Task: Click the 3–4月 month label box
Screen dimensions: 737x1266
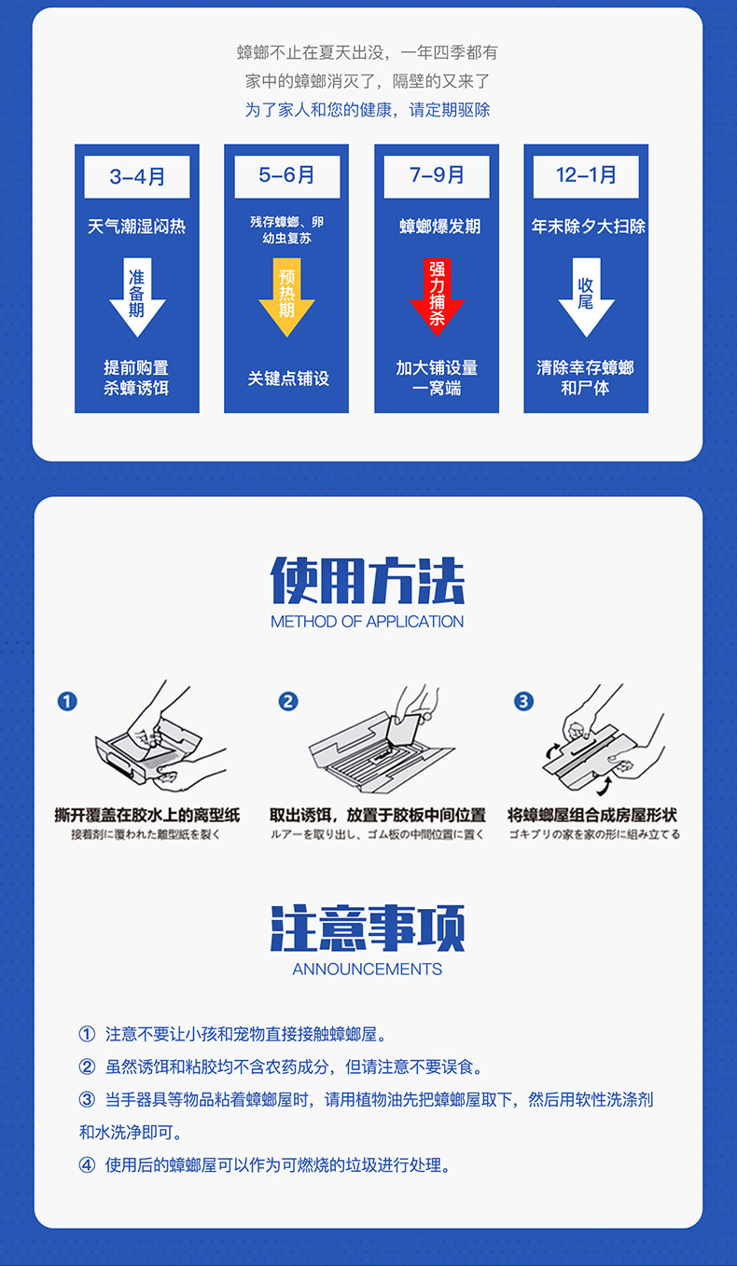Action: (x=137, y=177)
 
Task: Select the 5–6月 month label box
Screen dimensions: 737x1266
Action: (x=287, y=177)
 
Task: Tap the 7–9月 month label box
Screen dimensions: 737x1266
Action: (x=437, y=177)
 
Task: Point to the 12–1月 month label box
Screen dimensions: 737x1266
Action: (x=586, y=177)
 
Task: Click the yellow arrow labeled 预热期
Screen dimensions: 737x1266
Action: (x=286, y=296)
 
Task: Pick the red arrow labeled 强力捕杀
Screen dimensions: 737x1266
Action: (x=437, y=296)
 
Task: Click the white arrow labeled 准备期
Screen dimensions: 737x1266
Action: (x=137, y=296)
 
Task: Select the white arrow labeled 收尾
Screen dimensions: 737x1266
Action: (x=586, y=296)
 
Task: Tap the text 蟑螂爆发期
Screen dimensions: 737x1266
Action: (x=440, y=227)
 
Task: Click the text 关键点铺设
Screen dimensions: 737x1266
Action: (x=288, y=378)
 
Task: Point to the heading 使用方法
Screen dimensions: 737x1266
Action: (x=368, y=581)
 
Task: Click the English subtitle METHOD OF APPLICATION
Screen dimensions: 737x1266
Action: (x=367, y=622)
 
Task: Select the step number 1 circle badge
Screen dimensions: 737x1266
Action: (x=67, y=701)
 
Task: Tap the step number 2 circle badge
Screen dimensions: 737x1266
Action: (x=288, y=701)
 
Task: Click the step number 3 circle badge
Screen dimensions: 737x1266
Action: (x=523, y=701)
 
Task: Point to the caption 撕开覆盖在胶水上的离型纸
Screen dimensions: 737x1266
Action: (x=147, y=815)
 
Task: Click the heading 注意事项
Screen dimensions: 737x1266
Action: (x=368, y=928)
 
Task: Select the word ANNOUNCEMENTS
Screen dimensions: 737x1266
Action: (x=367, y=970)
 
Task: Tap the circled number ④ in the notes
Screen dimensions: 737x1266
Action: (x=87, y=1165)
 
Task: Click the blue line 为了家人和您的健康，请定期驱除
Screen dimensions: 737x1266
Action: (x=368, y=110)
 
